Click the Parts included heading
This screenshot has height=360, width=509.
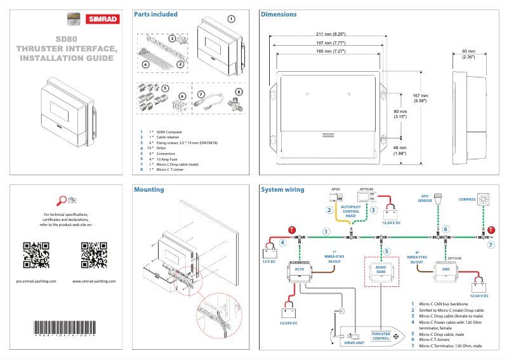coord(155,14)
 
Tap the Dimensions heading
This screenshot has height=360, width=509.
coord(279,14)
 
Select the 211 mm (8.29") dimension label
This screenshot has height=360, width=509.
coord(330,33)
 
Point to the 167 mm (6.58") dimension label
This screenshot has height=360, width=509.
coord(420,98)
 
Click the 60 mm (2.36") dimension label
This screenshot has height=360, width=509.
coord(468,54)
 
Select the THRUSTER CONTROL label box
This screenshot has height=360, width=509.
coord(381,336)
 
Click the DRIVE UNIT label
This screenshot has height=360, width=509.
coord(354,342)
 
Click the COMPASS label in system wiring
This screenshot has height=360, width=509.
coord(468,199)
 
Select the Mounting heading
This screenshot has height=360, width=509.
coord(149,189)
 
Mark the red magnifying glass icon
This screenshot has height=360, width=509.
coord(62,201)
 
